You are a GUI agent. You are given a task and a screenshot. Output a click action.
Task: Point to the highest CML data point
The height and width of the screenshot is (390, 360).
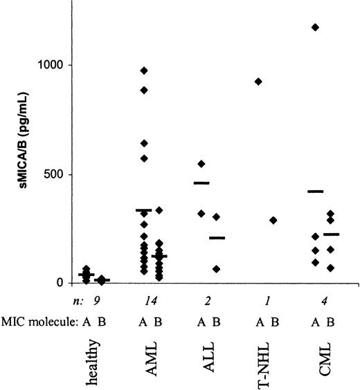[x=316, y=27]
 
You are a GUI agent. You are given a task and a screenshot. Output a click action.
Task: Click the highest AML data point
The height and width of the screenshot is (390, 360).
[x=144, y=71]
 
